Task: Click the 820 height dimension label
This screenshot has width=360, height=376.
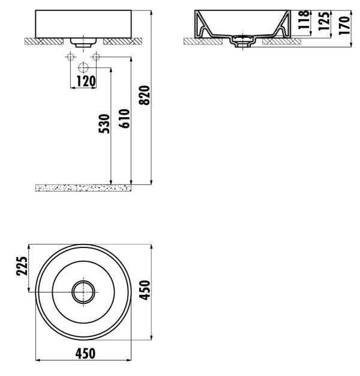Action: click(x=144, y=95)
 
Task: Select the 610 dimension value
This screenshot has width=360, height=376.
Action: click(x=125, y=118)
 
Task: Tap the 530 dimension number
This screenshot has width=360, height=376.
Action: click(x=104, y=124)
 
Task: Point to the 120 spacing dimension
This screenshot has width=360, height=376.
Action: click(x=86, y=81)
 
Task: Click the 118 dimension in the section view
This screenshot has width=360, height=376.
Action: click(x=304, y=19)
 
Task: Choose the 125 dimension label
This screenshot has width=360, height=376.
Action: click(x=324, y=21)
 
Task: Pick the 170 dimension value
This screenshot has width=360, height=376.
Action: click(x=344, y=25)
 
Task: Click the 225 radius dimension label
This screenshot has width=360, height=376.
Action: click(x=22, y=266)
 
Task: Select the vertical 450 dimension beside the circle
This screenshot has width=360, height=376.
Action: click(x=145, y=290)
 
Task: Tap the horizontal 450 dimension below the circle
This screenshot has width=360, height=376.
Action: click(x=85, y=354)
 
